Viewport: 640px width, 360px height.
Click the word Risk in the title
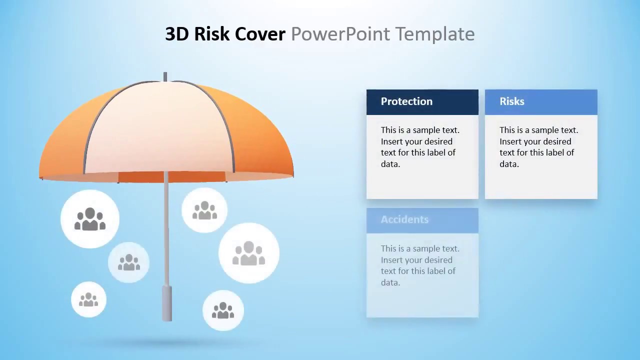click(x=212, y=34)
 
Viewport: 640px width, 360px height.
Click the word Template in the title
click(x=434, y=34)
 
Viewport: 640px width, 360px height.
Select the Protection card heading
click(x=406, y=101)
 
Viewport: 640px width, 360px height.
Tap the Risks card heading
click(x=512, y=101)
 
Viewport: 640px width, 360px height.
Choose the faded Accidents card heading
click(x=404, y=219)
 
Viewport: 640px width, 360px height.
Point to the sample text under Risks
click(x=538, y=147)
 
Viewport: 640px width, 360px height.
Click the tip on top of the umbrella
click(x=165, y=76)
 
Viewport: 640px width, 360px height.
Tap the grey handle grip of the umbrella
click(x=166, y=303)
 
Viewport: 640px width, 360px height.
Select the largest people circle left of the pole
click(x=90, y=219)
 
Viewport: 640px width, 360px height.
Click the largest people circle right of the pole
click(x=249, y=253)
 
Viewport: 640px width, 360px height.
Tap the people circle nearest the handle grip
click(x=223, y=310)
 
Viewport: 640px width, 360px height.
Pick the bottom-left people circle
click(x=88, y=299)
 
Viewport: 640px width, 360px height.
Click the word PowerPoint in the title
click(x=340, y=34)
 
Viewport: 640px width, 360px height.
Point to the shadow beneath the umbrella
click(x=165, y=342)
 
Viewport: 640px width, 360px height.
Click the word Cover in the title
click(x=260, y=34)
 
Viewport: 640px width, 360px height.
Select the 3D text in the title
click(x=177, y=34)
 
